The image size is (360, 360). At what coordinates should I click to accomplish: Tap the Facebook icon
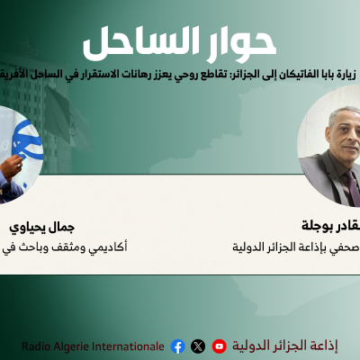coord(177,346)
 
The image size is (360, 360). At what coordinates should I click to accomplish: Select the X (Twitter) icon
coord(198,346)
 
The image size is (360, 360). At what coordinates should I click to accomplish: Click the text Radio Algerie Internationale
coord(94,346)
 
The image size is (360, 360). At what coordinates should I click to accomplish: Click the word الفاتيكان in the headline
coord(301,76)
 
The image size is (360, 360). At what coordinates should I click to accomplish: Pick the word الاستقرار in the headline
coord(107,76)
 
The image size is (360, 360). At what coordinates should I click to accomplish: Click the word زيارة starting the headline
coord(346,76)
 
